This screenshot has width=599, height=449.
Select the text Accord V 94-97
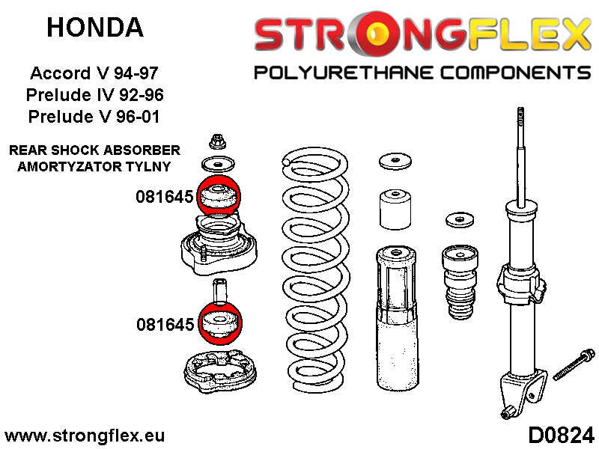click(94, 74)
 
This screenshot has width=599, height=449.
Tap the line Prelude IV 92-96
click(94, 95)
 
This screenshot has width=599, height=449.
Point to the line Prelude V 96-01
click(94, 117)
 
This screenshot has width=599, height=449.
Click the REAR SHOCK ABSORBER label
click(94, 150)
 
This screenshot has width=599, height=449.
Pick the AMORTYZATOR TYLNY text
click(94, 166)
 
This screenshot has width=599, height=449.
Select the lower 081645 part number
click(165, 324)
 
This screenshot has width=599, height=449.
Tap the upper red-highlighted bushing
click(216, 198)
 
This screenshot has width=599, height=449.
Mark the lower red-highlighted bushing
click(217, 323)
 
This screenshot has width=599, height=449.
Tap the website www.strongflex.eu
click(85, 435)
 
